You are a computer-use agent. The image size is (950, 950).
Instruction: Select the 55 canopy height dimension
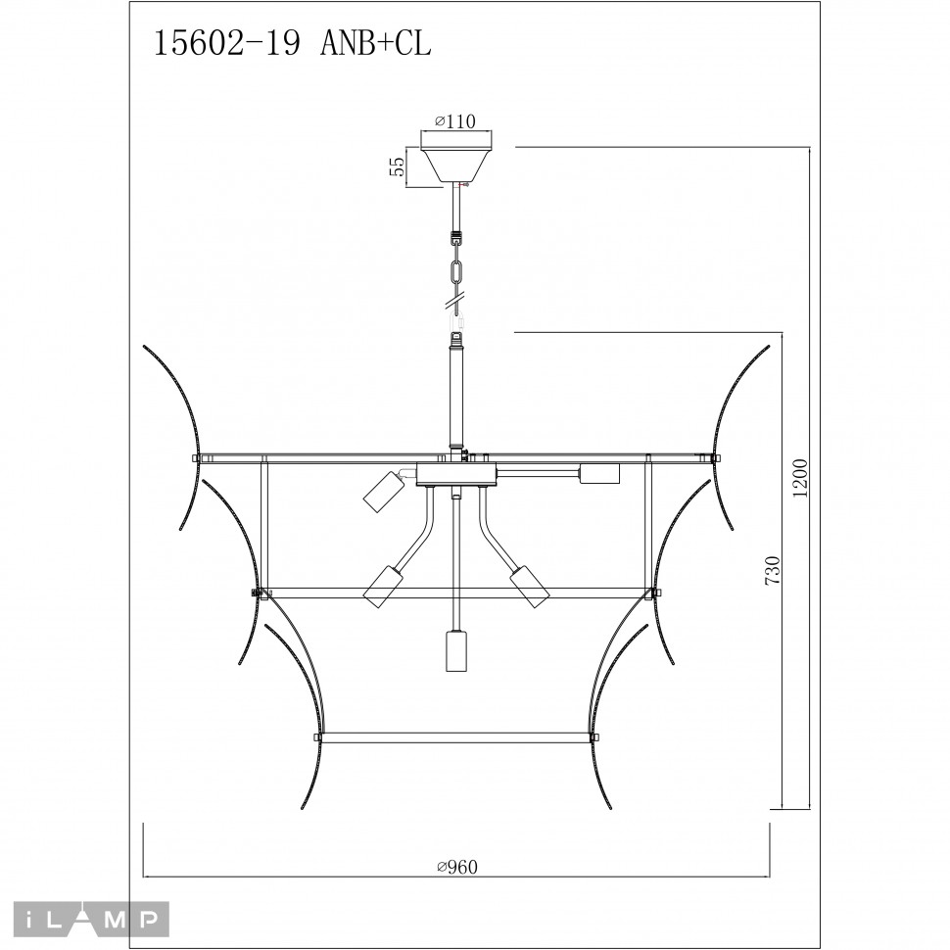click(x=397, y=166)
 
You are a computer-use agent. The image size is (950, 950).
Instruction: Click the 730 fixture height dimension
click(x=773, y=571)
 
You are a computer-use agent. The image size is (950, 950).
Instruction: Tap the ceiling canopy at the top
click(x=456, y=163)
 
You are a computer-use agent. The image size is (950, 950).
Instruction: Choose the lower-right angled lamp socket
click(x=529, y=586)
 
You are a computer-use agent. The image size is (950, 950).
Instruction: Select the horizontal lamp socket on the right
click(x=599, y=474)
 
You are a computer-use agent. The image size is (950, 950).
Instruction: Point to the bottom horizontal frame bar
click(x=455, y=736)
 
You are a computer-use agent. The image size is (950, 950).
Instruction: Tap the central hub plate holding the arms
click(x=455, y=477)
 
